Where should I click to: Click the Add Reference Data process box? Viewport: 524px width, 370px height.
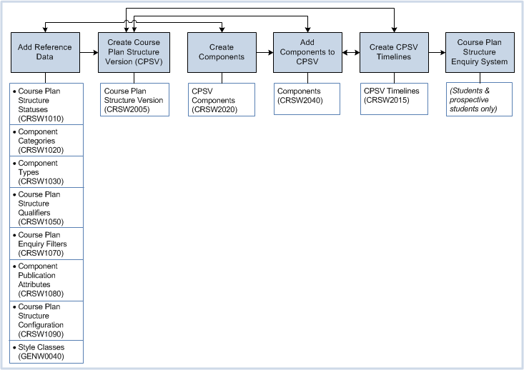tap(44, 52)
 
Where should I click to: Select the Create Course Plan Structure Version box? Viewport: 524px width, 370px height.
tap(134, 52)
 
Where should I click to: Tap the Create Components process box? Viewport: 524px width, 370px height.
tap(222, 52)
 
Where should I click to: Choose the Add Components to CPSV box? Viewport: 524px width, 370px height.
tap(307, 52)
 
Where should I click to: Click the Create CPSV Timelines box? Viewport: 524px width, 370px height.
tap(393, 52)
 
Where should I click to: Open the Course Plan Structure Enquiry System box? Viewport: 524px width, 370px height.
tap(479, 52)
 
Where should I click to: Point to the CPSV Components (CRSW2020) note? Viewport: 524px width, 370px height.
tap(222, 100)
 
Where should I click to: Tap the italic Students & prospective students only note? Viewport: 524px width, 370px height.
tap(479, 100)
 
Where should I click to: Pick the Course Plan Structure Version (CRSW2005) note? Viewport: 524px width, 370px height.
tap(134, 100)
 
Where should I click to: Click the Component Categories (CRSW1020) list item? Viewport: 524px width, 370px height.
tap(47, 141)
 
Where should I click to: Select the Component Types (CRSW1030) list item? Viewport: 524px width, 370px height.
tap(47, 172)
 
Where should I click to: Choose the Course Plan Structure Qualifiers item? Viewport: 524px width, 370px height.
tap(47, 208)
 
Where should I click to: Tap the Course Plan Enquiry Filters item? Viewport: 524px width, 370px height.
tap(47, 244)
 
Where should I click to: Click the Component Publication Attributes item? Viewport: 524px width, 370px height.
tap(47, 279)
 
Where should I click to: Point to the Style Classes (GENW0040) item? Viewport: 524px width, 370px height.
tap(47, 351)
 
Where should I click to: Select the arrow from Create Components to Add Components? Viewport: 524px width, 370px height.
tap(265, 52)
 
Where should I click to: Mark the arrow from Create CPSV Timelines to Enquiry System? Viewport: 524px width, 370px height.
tap(436, 52)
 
